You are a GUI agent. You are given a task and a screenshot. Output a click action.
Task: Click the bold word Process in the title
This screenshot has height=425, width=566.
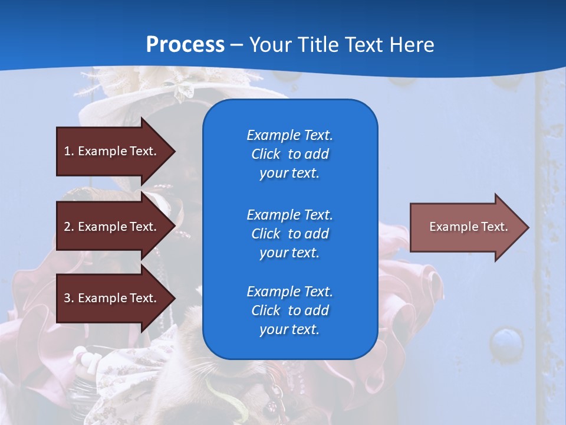pos(185,45)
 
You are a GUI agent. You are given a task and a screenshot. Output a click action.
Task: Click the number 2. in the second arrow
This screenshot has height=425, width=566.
pos(69,227)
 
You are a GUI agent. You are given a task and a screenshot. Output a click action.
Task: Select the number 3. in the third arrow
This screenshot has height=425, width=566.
pos(69,298)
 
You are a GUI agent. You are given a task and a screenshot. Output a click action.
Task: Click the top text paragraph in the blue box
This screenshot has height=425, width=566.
pos(289,154)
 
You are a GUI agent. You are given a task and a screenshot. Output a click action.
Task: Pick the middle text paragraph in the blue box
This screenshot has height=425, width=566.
pos(289,234)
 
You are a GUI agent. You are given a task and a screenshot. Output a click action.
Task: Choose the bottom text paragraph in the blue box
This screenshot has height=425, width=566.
pos(289,310)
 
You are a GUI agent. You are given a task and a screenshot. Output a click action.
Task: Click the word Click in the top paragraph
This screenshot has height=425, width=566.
pos(266,154)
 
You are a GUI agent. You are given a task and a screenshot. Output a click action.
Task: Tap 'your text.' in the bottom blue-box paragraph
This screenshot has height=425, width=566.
pos(289,329)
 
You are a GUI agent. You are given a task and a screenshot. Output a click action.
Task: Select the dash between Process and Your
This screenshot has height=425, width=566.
pos(236,45)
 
